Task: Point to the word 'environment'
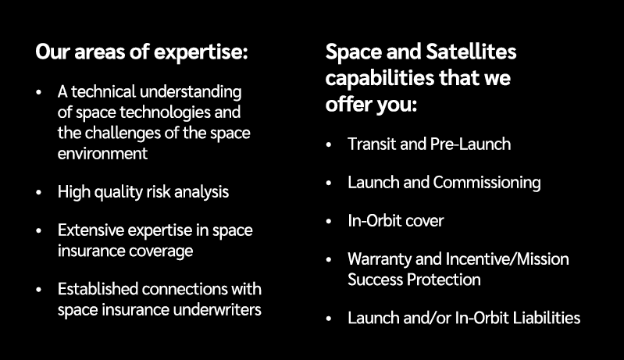coord(102,153)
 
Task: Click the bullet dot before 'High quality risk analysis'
coord(39,192)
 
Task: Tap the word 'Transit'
coord(371,144)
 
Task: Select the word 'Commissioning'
coord(487,183)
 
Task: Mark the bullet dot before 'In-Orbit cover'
coord(329,222)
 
